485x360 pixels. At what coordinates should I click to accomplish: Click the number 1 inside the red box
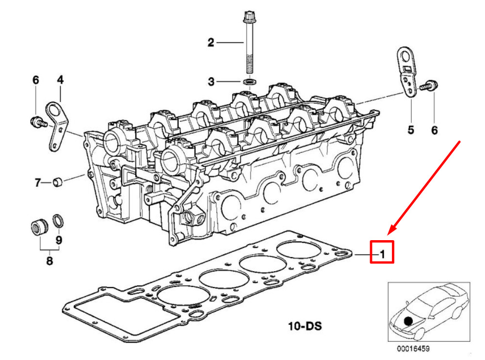pyautogui.click(x=383, y=254)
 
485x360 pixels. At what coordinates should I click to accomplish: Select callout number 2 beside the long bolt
pyautogui.click(x=210, y=42)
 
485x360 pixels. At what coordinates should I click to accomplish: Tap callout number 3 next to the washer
pyautogui.click(x=211, y=82)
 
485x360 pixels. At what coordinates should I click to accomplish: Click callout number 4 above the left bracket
pyautogui.click(x=60, y=80)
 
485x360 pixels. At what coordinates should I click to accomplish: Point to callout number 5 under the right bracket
pyautogui.click(x=411, y=130)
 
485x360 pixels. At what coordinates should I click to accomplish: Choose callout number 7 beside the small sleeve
pyautogui.click(x=38, y=182)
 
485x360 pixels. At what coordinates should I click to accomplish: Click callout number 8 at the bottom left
pyautogui.click(x=49, y=261)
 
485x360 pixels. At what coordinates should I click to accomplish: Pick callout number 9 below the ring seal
pyautogui.click(x=59, y=240)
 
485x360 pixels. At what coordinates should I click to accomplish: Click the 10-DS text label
pyautogui.click(x=305, y=326)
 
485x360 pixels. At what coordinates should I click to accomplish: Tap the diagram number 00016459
pyautogui.click(x=413, y=349)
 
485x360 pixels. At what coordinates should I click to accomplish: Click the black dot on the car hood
pyautogui.click(x=408, y=321)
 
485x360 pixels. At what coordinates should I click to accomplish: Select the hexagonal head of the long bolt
pyautogui.click(x=248, y=16)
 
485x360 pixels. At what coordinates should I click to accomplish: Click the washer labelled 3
pyautogui.click(x=249, y=82)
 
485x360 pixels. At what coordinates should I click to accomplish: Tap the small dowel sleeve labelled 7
pyautogui.click(x=58, y=182)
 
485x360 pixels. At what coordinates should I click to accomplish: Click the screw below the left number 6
pyautogui.click(x=38, y=122)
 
